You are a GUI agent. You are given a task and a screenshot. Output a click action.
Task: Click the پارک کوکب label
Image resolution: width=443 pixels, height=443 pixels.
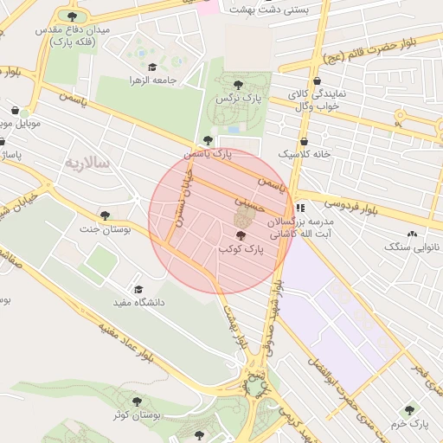pos(240,249)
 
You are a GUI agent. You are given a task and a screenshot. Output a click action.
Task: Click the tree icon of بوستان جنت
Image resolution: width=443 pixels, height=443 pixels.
pos(105,215)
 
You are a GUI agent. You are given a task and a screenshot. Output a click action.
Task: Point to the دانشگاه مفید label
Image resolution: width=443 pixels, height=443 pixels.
pos(138,303)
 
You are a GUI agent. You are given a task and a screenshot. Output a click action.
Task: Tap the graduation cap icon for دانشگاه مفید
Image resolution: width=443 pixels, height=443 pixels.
pos(138,290)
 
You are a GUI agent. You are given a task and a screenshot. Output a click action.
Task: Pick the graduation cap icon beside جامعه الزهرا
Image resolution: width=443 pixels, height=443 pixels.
pos(152,67)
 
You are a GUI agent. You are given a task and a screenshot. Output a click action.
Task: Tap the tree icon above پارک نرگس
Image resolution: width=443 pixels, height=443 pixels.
pos(238,85)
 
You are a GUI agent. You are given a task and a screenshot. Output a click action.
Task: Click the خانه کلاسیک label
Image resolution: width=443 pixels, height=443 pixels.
pos(303,154)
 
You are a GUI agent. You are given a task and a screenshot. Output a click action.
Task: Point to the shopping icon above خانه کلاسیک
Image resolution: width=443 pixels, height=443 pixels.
pos(304,142)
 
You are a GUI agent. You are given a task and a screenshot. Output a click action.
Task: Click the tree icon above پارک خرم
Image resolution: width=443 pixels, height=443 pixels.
pos(409,411)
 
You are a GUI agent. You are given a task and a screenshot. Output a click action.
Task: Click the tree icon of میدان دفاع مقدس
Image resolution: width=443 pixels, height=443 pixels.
pos(71,16)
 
